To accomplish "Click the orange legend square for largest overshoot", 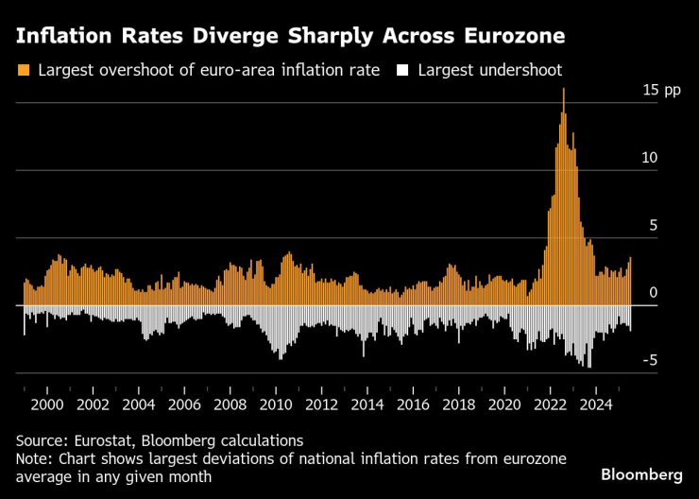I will [25, 70].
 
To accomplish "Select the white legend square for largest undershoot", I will [403, 70].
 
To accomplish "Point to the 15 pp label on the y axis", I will [661, 91].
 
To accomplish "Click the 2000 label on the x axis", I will [46, 404].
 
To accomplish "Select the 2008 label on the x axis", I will [230, 404].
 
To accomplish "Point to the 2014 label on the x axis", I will [367, 404].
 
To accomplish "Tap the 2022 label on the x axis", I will [551, 404].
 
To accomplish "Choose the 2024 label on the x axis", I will [596, 404].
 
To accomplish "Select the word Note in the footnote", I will [33, 458].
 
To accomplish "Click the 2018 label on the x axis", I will [459, 404].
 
